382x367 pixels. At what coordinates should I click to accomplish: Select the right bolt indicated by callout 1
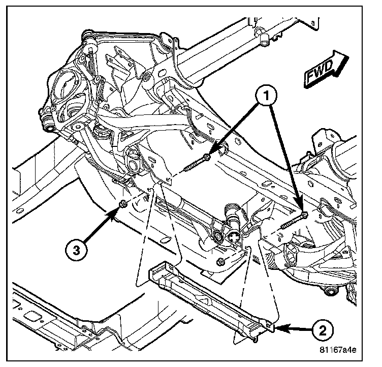click(x=294, y=221)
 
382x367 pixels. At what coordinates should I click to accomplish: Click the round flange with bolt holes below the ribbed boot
click(x=234, y=237)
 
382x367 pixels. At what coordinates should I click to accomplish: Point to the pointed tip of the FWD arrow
click(x=349, y=57)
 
